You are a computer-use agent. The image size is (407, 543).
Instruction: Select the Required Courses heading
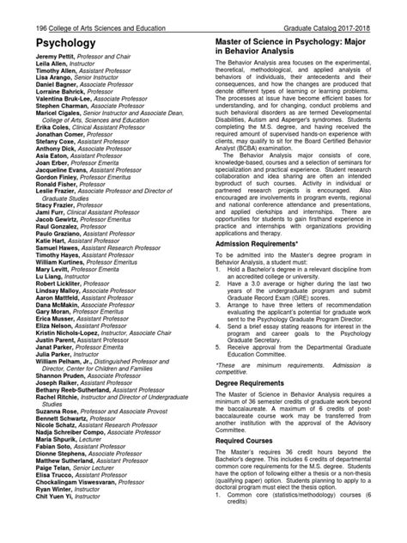coord(250,447)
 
